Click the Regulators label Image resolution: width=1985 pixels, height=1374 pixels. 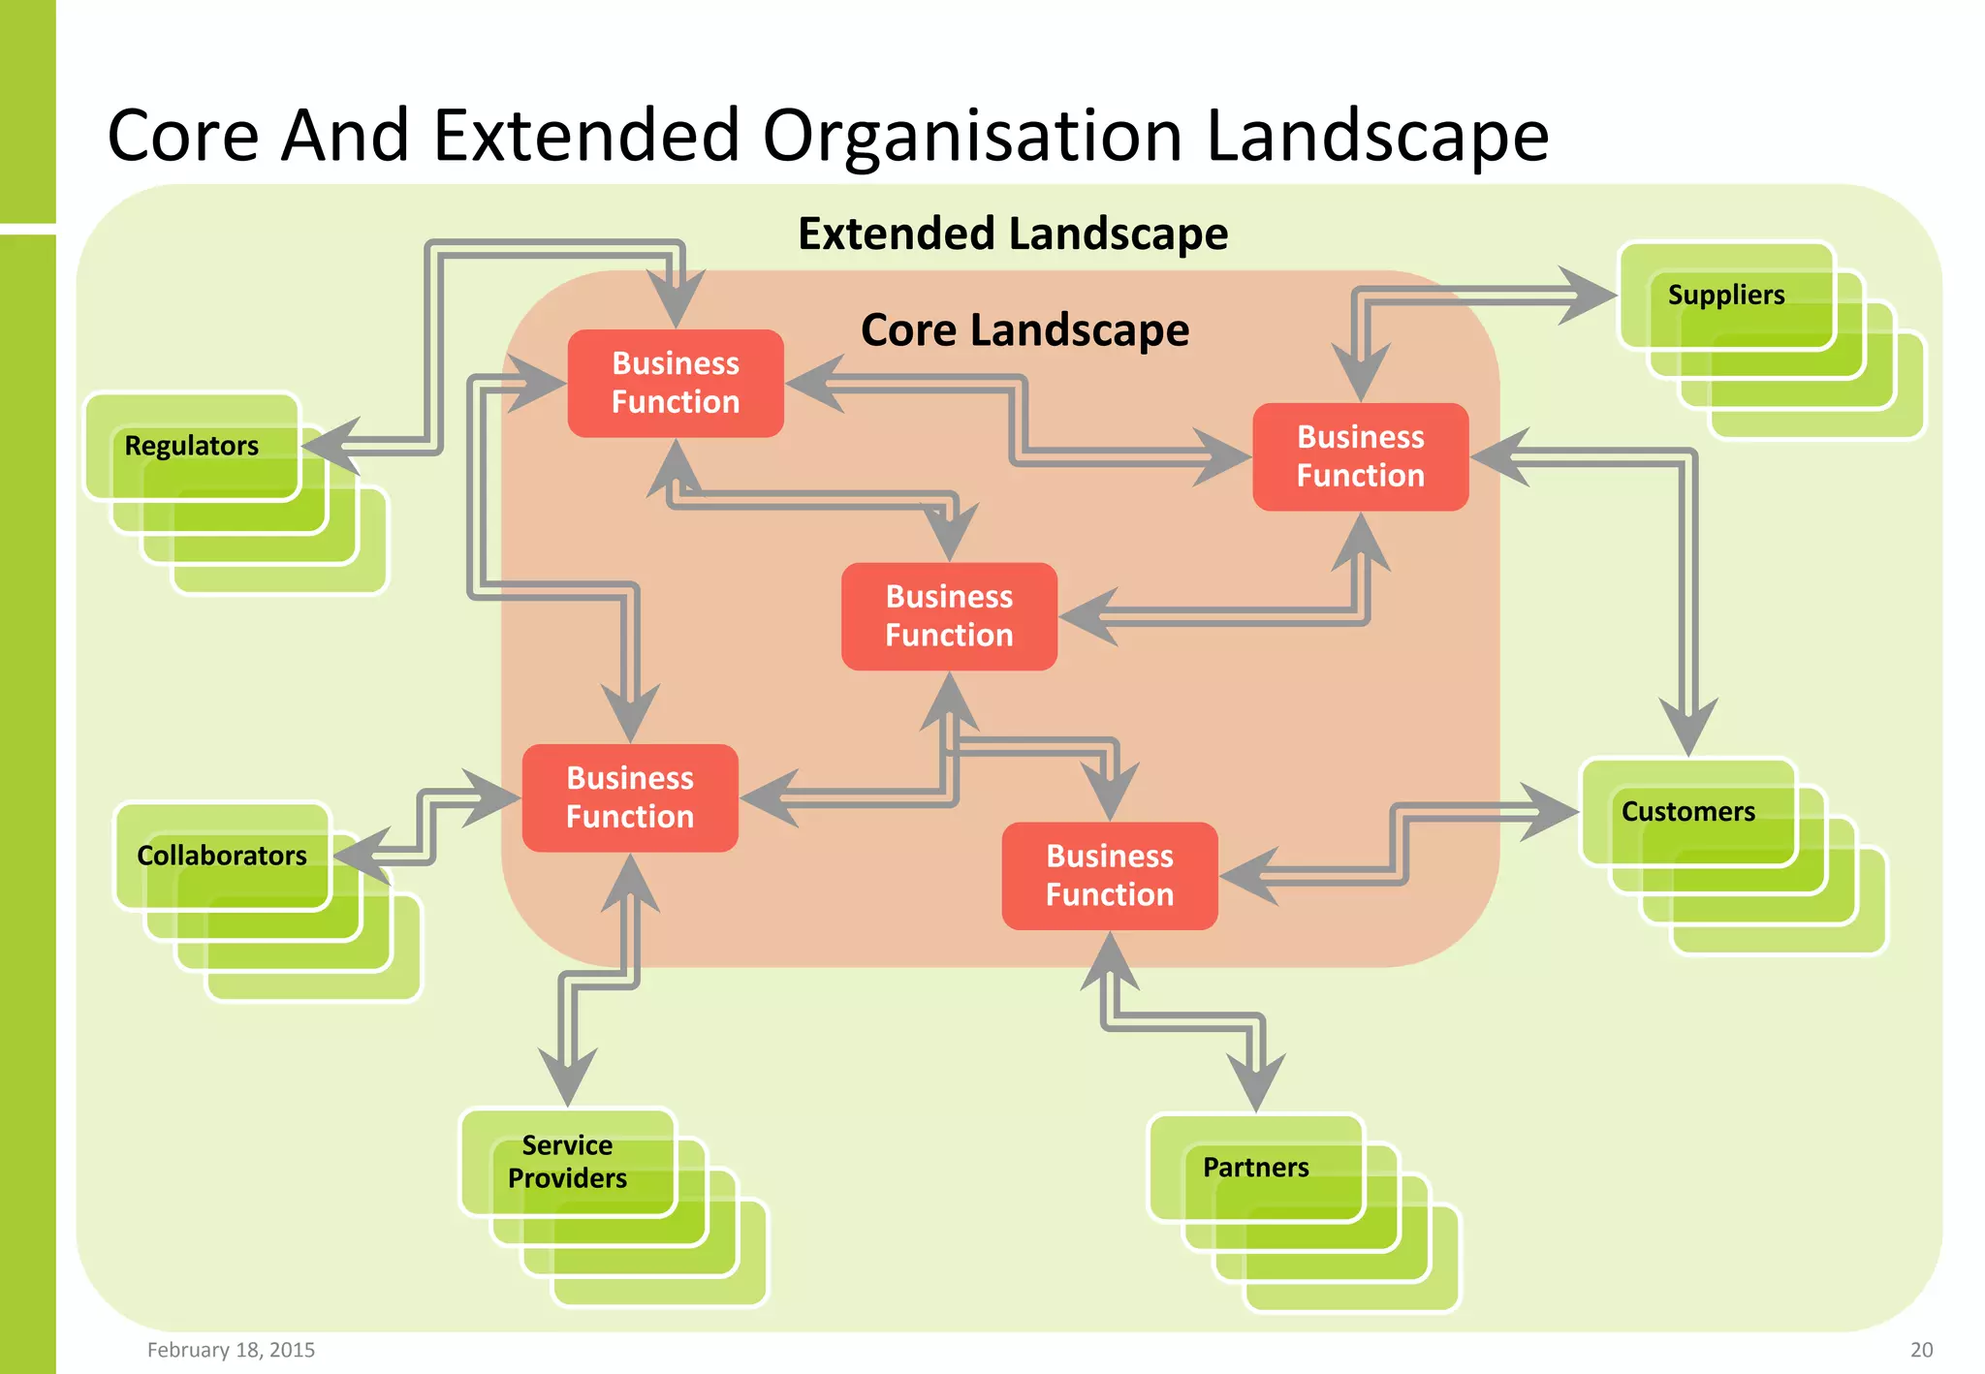point(192,446)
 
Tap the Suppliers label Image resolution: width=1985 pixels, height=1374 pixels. point(1725,295)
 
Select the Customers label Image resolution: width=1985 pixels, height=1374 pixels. point(1687,811)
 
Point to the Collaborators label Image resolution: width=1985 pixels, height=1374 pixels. point(221,856)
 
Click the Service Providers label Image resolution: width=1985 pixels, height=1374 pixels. point(567,1162)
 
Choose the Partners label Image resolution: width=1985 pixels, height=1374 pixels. point(1255,1168)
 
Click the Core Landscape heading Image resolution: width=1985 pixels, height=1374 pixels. point(1024,330)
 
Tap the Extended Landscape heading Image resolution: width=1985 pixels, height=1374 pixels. point(1013,234)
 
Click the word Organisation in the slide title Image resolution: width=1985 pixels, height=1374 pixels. point(972,136)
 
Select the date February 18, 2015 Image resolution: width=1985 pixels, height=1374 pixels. point(231,1350)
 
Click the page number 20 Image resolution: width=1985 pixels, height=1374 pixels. point(1921,1350)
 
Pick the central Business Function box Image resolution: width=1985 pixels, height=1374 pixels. point(949,616)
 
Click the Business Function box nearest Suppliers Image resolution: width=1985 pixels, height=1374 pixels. point(1360,456)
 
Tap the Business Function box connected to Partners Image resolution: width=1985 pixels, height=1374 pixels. point(1109,876)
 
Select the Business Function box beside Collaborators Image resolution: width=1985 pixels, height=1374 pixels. point(630,797)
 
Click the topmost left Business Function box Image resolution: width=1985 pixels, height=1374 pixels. point(676,383)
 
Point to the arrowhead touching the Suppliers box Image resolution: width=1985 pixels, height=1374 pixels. point(1590,296)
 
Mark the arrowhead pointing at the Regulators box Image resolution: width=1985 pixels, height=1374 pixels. point(330,446)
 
